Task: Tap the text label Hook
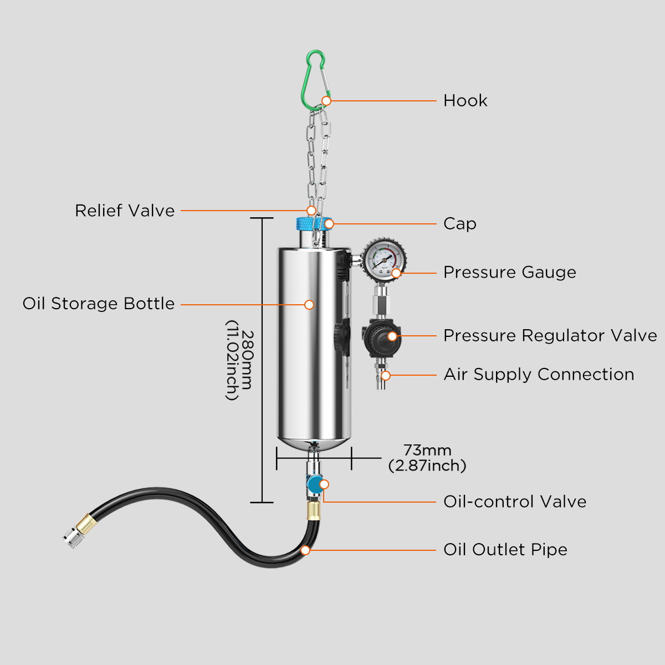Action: (x=465, y=101)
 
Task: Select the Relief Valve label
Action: (x=125, y=211)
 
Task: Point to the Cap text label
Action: (x=459, y=224)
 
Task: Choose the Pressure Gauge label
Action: (x=509, y=273)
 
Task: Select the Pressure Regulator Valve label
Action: (x=550, y=336)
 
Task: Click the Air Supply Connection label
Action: (x=539, y=375)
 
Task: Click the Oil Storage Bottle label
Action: (x=99, y=304)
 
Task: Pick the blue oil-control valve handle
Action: (x=314, y=485)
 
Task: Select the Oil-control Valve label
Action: (x=515, y=502)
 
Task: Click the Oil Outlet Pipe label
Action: (x=505, y=550)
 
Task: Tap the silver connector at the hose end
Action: (x=70, y=538)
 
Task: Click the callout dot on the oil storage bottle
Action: (x=309, y=305)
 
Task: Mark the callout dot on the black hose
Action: (x=305, y=550)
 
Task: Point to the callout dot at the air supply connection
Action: (x=386, y=376)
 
